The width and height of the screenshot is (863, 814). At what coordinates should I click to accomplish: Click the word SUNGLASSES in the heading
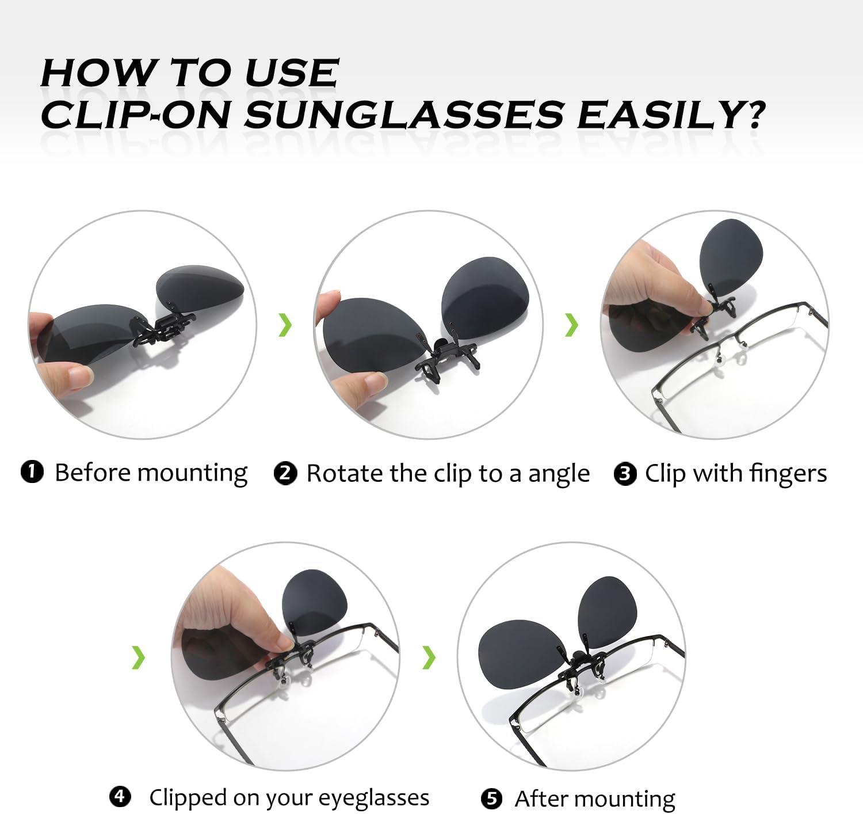click(404, 115)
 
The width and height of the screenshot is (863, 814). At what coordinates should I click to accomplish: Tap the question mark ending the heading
click(751, 115)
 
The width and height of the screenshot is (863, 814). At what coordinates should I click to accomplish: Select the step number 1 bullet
click(32, 472)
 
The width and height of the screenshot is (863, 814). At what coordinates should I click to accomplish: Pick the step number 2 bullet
click(285, 474)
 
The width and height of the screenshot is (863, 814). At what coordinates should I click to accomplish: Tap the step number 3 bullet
click(625, 474)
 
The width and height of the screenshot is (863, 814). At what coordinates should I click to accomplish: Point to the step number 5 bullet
click(491, 798)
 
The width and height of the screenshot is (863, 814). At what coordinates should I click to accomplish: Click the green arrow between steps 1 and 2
click(285, 325)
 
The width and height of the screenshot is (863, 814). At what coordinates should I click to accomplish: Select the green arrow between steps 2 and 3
click(571, 325)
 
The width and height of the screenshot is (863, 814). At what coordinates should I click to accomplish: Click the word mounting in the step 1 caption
click(192, 474)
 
